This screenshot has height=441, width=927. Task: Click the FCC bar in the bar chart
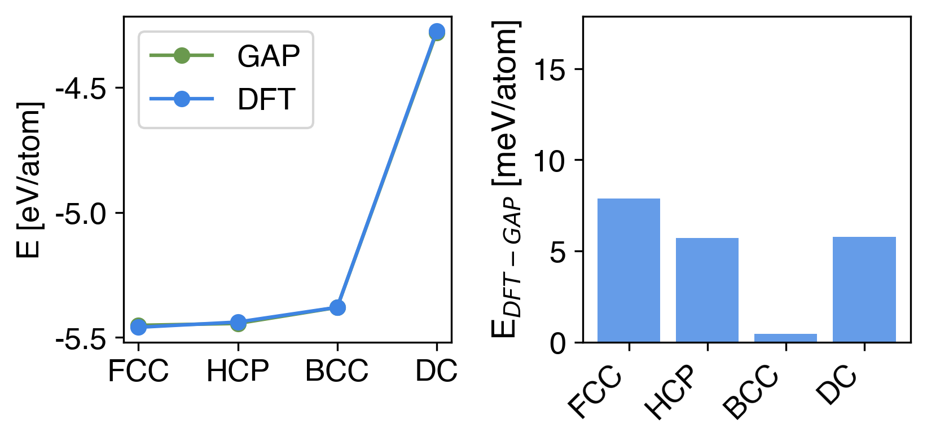[629, 270]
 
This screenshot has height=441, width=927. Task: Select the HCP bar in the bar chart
[707, 290]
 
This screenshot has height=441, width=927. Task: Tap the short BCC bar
[785, 338]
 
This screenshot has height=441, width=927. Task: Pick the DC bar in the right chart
[864, 289]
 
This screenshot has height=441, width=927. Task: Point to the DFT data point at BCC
[337, 307]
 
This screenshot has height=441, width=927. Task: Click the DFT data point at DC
[436, 32]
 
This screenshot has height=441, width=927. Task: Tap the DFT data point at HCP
[238, 323]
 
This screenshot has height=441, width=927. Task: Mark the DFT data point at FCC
[138, 327]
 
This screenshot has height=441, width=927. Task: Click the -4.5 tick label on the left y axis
[81, 89]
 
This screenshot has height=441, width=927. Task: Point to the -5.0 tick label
[81, 214]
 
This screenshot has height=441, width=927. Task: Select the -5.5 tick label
[81, 339]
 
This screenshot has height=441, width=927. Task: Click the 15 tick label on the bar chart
[550, 70]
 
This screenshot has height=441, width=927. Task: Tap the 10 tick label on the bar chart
[550, 161]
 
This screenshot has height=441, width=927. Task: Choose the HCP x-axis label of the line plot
[238, 371]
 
